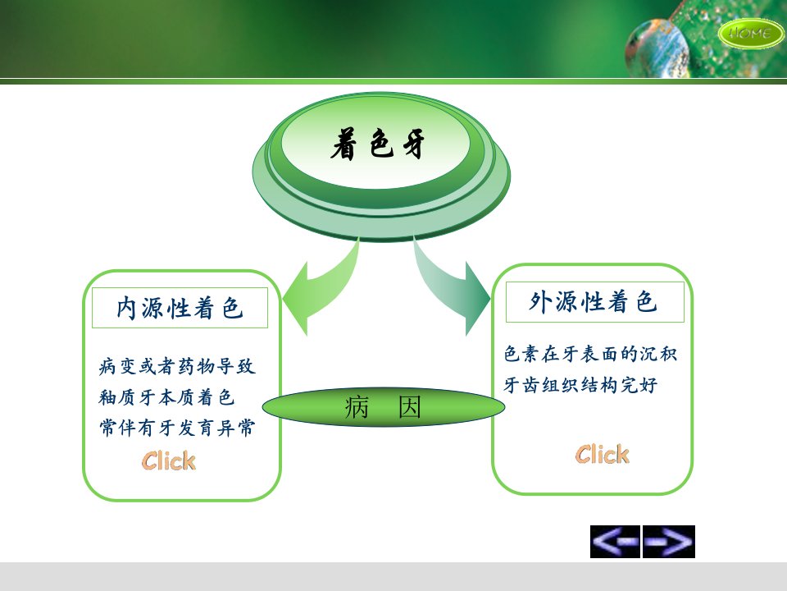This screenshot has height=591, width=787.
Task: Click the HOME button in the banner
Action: click(750, 33)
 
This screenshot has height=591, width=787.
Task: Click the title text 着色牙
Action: click(377, 144)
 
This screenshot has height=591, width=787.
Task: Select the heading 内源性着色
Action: click(180, 308)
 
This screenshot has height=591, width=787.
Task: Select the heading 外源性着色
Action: click(594, 301)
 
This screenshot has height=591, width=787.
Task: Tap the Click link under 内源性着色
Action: click(169, 460)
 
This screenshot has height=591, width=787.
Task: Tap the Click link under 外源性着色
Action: click(603, 454)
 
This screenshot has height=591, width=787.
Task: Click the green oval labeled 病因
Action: click(384, 407)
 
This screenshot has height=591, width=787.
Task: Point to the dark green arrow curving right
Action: click(452, 286)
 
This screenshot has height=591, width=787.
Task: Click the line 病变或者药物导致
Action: click(177, 366)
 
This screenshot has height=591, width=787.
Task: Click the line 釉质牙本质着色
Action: click(166, 397)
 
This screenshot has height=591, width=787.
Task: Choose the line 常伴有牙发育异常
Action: click(177, 428)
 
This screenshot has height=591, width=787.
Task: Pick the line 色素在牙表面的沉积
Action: click(591, 354)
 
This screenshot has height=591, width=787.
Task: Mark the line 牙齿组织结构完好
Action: click(580, 385)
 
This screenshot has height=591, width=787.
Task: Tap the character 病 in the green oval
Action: click(357, 407)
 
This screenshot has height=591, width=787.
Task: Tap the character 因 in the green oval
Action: click(410, 407)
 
